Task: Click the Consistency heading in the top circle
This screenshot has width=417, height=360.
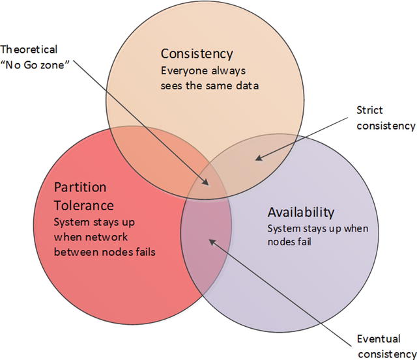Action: click(x=196, y=53)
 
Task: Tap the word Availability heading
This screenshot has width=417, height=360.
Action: click(x=301, y=212)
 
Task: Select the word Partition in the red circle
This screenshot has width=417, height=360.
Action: click(x=81, y=187)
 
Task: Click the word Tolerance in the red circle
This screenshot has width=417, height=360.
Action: click(x=84, y=205)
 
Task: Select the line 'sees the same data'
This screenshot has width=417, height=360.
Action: click(x=210, y=85)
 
